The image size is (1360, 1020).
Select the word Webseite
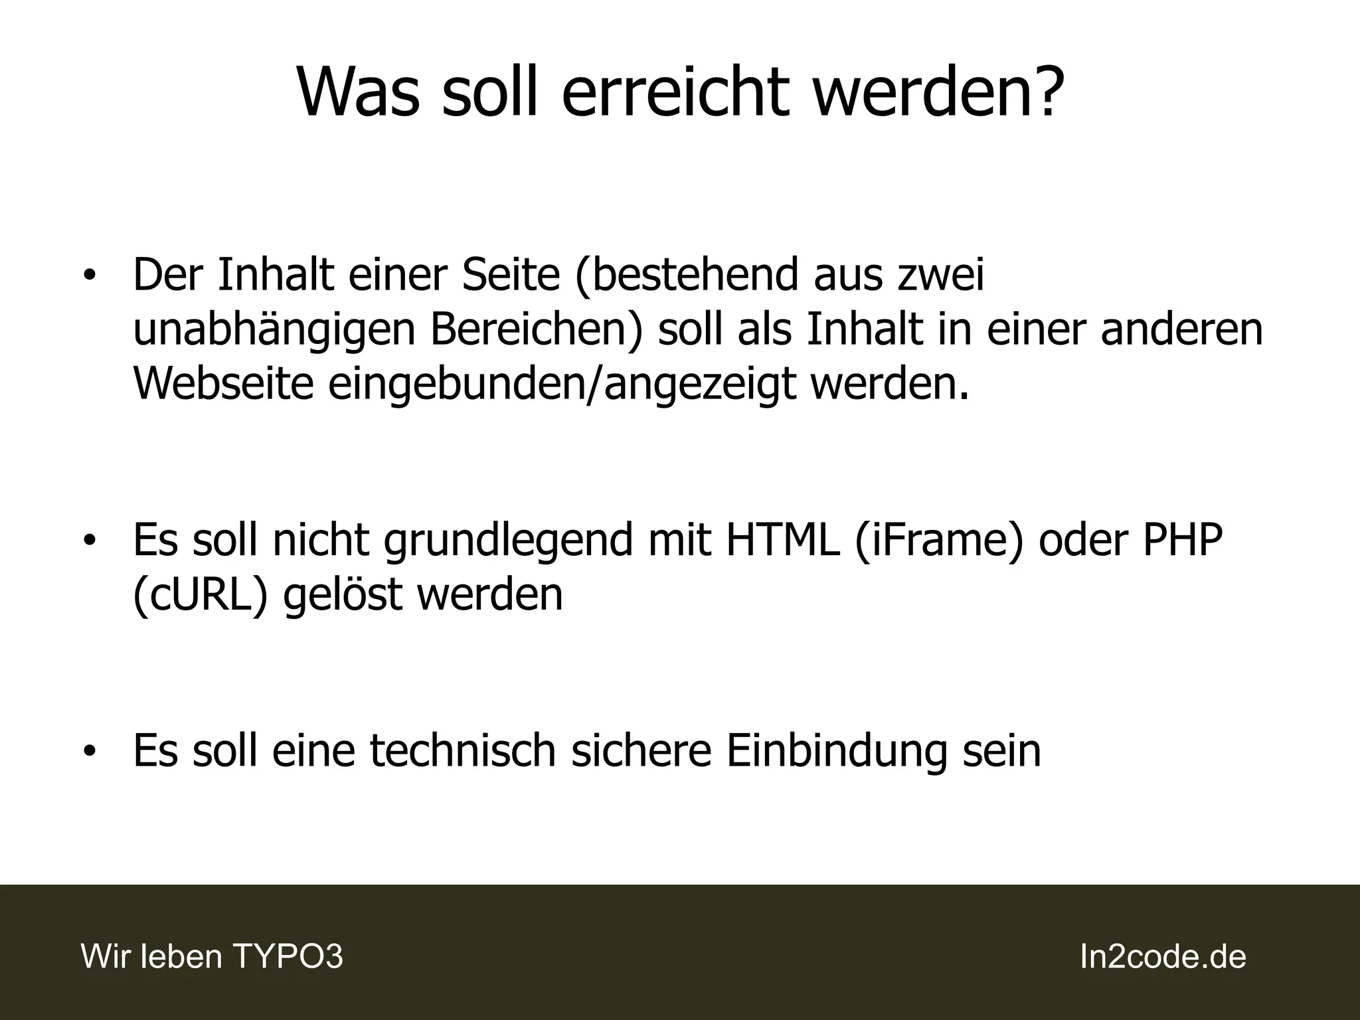(223, 384)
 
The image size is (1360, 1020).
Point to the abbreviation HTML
(782, 540)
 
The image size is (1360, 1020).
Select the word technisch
(462, 750)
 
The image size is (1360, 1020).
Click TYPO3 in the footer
(288, 957)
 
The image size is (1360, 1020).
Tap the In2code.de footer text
(1163, 957)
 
